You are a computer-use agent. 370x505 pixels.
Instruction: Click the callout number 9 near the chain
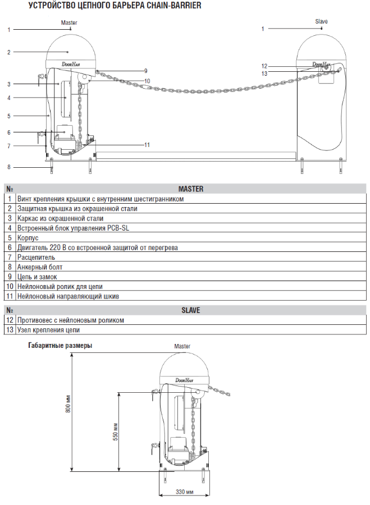point(145,71)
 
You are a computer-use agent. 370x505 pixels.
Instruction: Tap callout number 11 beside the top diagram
point(147,145)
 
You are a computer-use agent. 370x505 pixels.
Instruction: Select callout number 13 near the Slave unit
point(264,73)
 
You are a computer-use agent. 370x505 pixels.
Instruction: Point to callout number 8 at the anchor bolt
point(9,167)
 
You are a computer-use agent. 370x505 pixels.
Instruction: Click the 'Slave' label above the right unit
point(321,22)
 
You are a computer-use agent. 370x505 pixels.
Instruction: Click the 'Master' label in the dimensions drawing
point(182,346)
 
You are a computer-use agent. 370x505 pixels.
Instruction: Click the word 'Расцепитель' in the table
point(36,257)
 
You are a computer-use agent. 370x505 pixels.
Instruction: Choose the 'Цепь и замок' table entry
point(37,277)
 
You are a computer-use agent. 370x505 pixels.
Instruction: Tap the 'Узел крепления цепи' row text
point(48,329)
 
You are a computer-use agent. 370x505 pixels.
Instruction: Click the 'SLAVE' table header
point(190,310)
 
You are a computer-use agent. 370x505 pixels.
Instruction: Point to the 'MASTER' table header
point(190,189)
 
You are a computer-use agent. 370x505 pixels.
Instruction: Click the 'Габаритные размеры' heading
point(61,346)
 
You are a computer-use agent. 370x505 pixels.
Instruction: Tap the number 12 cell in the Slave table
point(10,320)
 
